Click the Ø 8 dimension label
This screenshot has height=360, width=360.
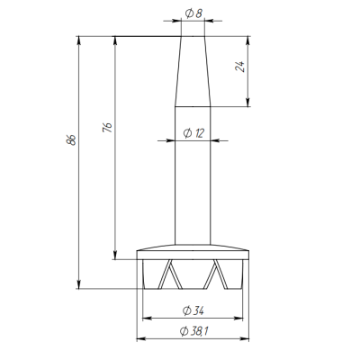point(193,13)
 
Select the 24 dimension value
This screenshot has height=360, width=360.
point(240,67)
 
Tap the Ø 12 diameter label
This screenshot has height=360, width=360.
point(193,133)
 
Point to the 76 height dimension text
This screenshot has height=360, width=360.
point(107,127)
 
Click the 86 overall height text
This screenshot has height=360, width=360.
point(71,140)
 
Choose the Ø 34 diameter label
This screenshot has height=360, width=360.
point(193,310)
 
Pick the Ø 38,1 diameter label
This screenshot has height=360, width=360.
point(194,331)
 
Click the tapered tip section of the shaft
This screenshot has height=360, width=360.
point(193,71)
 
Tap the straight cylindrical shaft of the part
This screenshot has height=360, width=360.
point(193,175)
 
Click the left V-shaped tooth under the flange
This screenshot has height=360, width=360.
point(170,274)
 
